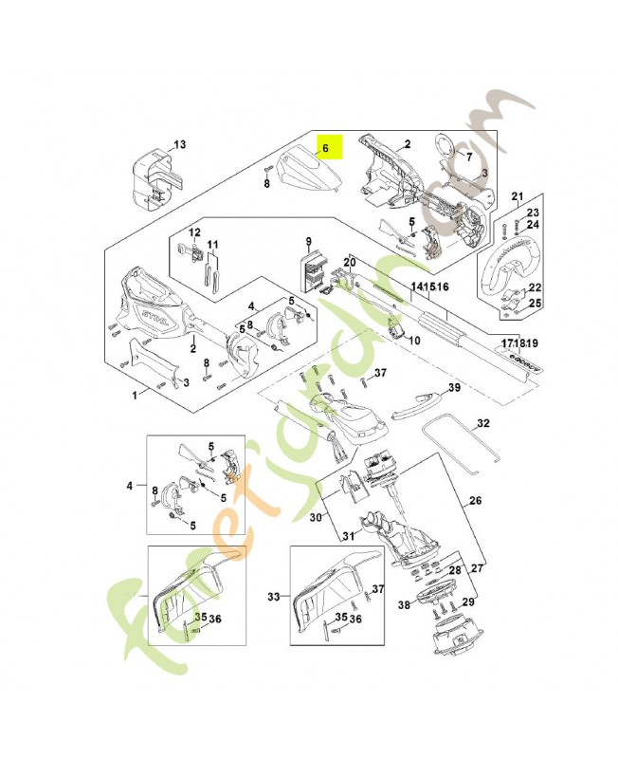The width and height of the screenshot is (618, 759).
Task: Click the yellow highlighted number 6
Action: [x=324, y=148]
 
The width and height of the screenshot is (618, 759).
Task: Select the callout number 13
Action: [x=179, y=144]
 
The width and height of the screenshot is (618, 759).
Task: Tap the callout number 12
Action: [x=194, y=232]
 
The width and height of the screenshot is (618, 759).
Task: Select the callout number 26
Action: [x=475, y=501]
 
